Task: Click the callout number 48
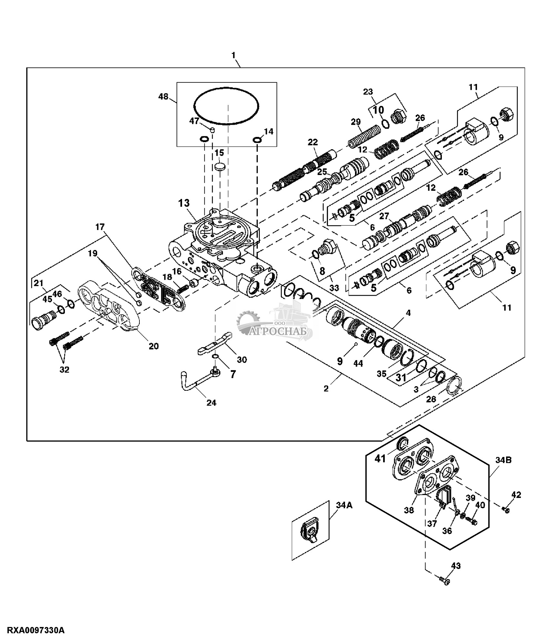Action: [x=164, y=96]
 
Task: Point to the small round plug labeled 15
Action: [x=219, y=167]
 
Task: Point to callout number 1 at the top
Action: [x=234, y=55]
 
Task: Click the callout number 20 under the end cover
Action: [x=154, y=346]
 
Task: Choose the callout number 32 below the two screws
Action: [x=65, y=370]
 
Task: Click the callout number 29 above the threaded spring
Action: [x=356, y=122]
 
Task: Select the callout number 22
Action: [x=313, y=142]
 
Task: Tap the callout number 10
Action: [x=379, y=110]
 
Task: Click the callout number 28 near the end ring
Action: [x=431, y=399]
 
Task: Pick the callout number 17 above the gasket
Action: [x=100, y=227]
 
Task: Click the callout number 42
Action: [x=516, y=494]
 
